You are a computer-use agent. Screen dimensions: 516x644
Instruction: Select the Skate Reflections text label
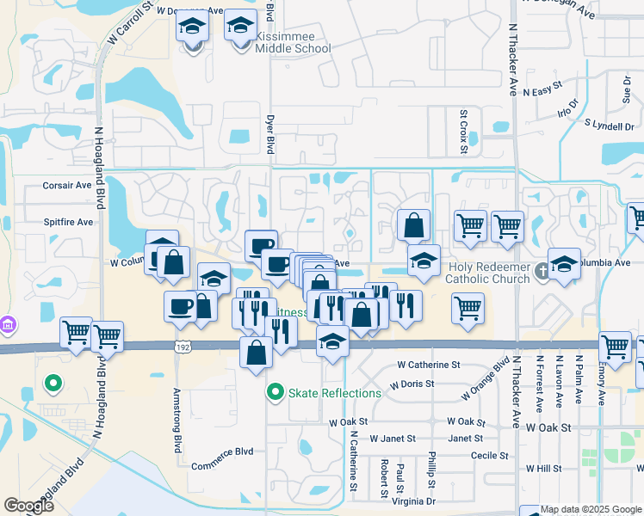coord(335,393)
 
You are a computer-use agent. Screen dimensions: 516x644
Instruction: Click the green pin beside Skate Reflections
coord(276,393)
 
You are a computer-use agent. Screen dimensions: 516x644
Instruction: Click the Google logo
coord(28,506)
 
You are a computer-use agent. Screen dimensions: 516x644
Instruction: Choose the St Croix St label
coord(462,132)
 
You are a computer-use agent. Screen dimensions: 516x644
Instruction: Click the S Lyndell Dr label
coord(609,126)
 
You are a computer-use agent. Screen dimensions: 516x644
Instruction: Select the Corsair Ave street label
coord(66,185)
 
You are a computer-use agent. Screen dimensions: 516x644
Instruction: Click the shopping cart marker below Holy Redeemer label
coord(468,308)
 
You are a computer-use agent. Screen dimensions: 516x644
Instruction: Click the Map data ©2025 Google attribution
coord(591,509)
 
